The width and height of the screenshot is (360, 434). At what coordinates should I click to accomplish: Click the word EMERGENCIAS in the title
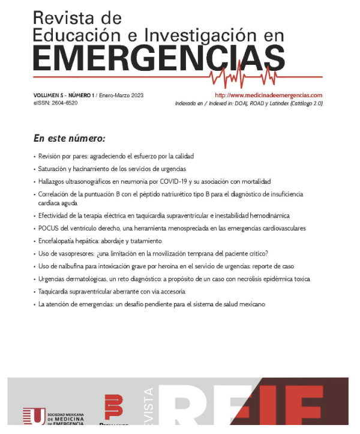(159, 59)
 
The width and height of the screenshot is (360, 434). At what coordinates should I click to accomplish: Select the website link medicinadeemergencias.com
(268, 95)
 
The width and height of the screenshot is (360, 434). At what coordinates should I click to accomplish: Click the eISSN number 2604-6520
(64, 103)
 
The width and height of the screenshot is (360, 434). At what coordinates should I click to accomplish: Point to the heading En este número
(70, 139)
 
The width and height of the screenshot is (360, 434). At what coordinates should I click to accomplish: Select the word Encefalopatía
(58, 241)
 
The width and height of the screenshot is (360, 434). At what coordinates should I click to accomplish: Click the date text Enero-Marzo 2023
(121, 95)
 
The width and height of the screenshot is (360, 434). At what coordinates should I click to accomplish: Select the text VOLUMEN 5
(48, 95)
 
